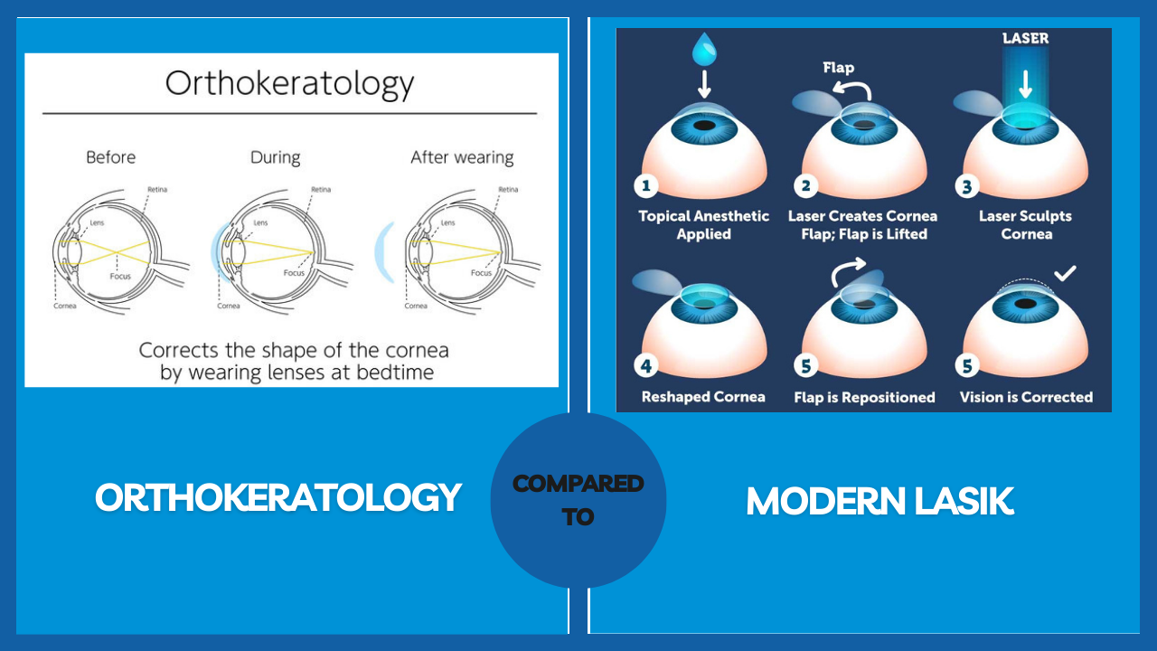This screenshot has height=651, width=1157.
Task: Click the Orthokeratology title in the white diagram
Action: [289, 84]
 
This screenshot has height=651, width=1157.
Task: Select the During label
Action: [275, 157]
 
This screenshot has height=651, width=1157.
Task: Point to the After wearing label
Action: [462, 157]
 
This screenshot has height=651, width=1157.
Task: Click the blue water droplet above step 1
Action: [703, 49]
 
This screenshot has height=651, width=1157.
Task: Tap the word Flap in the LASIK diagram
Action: [838, 68]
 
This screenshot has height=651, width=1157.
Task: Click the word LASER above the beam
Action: [1025, 39]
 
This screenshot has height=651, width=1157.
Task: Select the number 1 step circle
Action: [645, 187]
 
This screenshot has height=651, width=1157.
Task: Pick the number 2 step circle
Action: [805, 187]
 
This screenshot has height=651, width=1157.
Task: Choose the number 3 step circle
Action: [967, 187]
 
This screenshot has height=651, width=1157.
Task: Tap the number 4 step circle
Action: [645, 367]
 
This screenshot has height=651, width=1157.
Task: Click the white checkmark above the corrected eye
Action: [1065, 272]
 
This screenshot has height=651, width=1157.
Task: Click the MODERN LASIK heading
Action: [880, 502]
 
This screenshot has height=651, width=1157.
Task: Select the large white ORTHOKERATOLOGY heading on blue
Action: [278, 497]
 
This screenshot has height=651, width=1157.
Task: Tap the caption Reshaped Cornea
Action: [703, 397]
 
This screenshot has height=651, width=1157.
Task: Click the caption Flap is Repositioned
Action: [864, 397]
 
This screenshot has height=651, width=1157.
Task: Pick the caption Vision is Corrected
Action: [1026, 397]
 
